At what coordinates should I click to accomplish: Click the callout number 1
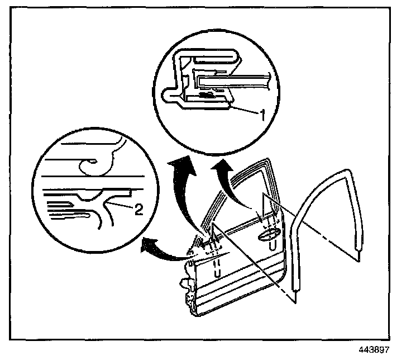(260, 113)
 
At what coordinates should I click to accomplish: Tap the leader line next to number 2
(124, 205)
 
